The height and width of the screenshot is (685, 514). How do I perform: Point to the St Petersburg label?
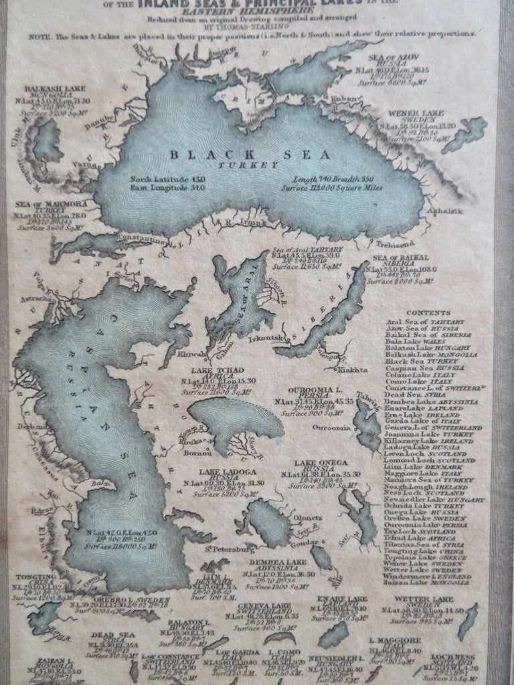coord(226,549)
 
